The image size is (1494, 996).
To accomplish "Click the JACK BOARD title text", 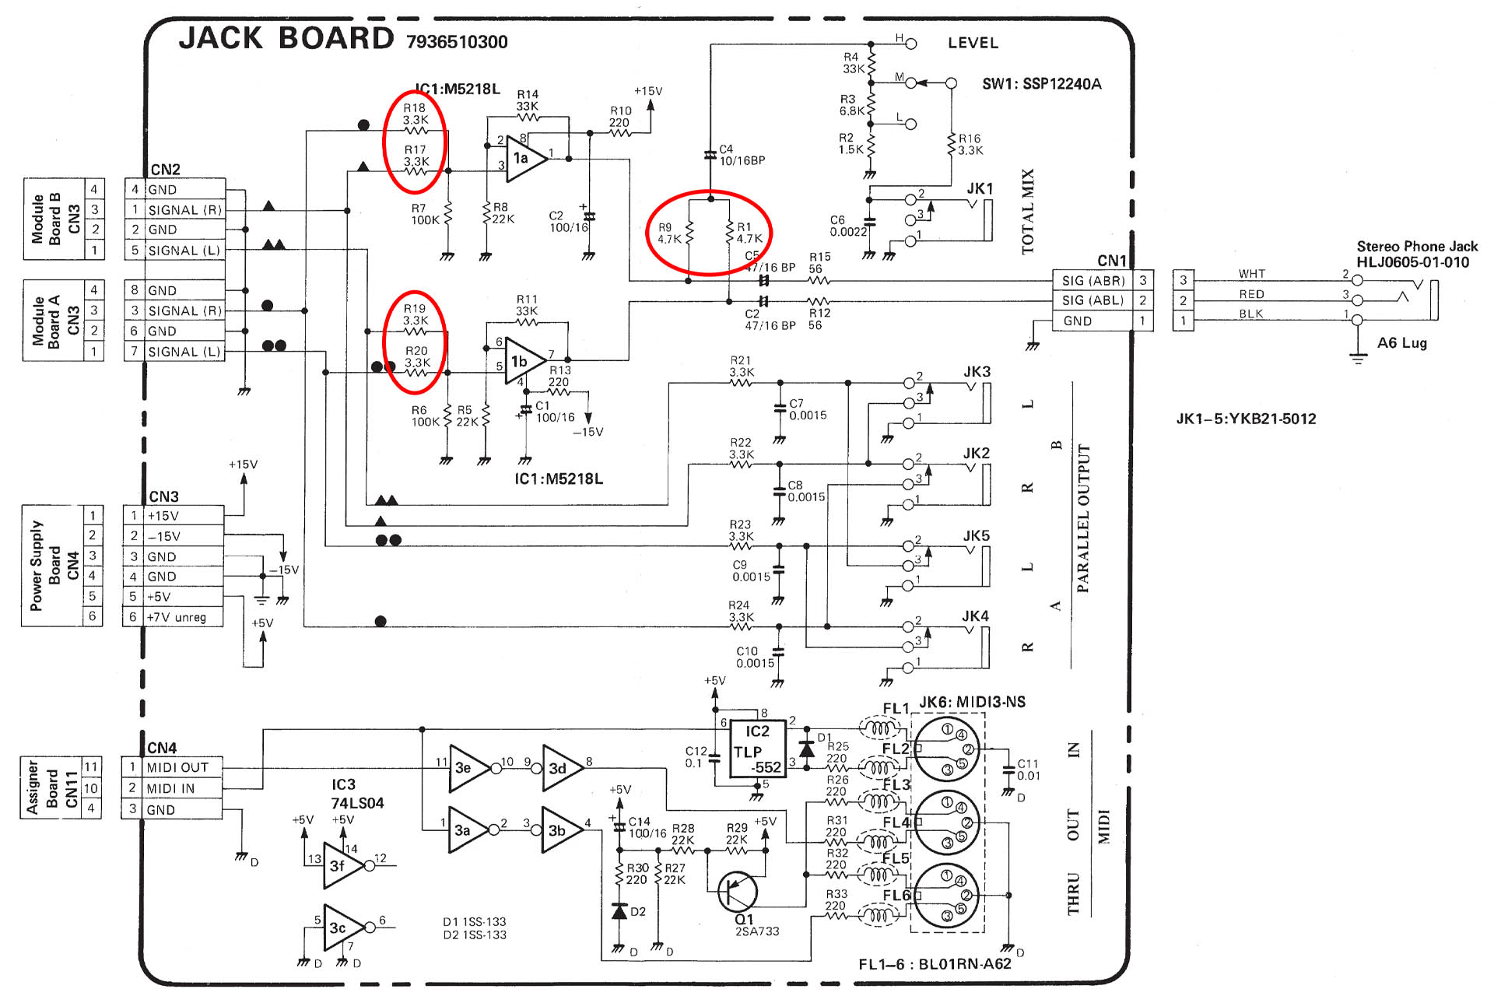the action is point(286,38).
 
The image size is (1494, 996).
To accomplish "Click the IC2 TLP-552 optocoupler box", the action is point(756,749).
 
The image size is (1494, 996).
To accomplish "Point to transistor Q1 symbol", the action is point(737,892).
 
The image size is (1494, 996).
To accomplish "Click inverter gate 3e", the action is point(469,768).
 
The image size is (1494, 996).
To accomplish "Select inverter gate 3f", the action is point(343,865).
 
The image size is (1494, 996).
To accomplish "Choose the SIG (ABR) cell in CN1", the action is point(1093,280).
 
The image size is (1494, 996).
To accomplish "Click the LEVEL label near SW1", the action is point(973,43).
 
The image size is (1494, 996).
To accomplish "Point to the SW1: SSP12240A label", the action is point(1042,84).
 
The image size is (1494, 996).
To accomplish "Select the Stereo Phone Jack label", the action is point(1417,246).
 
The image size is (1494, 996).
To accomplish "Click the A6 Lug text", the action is point(1402,343).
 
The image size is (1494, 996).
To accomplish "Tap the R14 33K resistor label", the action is point(528,100).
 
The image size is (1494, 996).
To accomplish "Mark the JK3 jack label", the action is point(977,372).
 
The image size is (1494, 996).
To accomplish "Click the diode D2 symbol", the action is point(619,911).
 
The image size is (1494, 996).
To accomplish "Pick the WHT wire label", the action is point(1252,274).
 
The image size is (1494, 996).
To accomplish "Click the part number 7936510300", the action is point(457,42).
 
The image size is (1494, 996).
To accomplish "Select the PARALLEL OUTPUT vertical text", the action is point(1082,519).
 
